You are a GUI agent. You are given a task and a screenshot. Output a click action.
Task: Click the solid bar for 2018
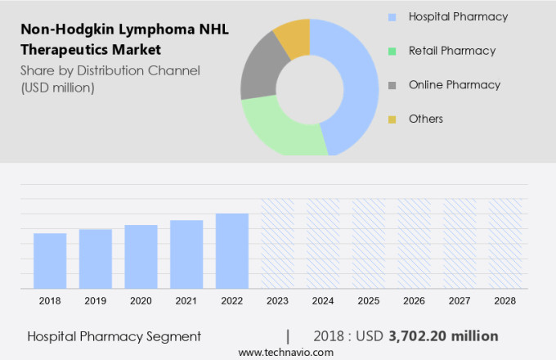click(50, 261)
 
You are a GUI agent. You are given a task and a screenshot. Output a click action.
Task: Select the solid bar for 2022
click(232, 251)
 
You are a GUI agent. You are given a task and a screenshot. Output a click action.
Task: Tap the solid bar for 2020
click(141, 257)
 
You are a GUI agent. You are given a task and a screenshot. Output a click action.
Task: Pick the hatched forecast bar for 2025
click(369, 243)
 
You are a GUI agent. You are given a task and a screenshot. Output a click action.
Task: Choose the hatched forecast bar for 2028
click(505, 243)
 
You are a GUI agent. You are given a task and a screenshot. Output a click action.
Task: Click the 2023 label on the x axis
click(277, 301)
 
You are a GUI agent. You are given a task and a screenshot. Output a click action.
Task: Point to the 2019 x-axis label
click(95, 301)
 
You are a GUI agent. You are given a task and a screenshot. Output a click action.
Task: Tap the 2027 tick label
click(460, 301)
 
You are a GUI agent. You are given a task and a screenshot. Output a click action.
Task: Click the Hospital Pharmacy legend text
click(458, 16)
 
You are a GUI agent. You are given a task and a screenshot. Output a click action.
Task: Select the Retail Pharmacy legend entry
click(451, 51)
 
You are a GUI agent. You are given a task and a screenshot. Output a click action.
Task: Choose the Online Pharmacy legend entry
click(454, 85)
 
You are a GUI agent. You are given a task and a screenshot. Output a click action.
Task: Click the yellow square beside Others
click(392, 119)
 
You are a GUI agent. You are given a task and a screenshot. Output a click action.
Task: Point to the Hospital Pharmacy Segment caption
click(114, 336)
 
